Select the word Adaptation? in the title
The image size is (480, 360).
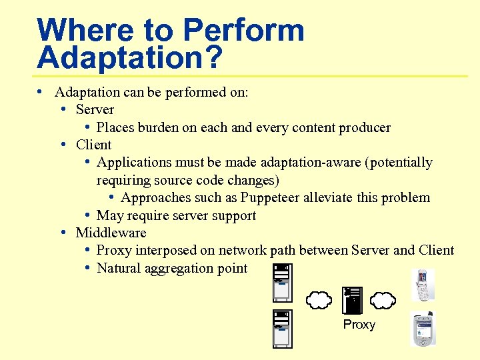129,57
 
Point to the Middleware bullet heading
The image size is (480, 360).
111,233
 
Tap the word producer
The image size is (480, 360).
364,127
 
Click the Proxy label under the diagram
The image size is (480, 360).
359,325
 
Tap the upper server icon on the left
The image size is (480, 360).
283,283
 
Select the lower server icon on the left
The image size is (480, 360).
283,328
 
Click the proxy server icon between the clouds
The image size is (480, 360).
351,301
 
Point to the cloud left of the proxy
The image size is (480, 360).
320,301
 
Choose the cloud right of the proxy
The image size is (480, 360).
383,301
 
